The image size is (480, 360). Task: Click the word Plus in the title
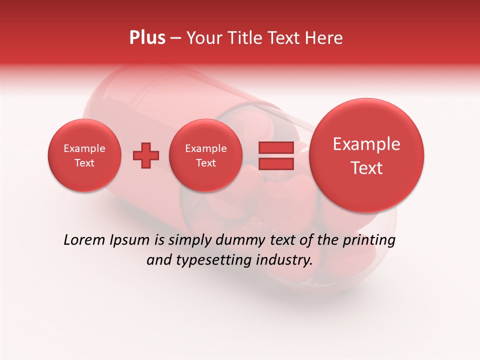click(x=147, y=38)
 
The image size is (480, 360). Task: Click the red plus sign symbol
click(x=146, y=155)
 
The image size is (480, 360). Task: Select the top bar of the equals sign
click(x=275, y=147)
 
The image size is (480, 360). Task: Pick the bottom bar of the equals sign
click(x=275, y=164)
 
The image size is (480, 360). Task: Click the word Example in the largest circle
click(x=366, y=144)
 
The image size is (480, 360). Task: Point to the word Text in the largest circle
click(x=366, y=168)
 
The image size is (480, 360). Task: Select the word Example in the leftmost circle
click(x=84, y=148)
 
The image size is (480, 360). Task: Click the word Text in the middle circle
click(x=205, y=163)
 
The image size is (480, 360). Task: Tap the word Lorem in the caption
click(x=84, y=240)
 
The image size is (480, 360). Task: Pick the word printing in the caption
click(x=369, y=240)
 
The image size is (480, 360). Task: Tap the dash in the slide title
click(x=175, y=38)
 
